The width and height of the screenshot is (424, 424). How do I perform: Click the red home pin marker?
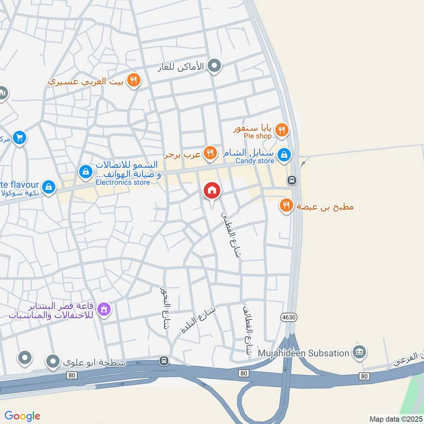212,191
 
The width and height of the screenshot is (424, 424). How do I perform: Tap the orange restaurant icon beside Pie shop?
282,129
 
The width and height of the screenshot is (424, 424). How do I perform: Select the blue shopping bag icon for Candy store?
285,154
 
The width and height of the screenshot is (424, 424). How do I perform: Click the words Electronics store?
123,182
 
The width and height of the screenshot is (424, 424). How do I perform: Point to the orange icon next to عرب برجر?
210,154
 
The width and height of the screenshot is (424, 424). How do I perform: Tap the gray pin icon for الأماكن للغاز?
214,66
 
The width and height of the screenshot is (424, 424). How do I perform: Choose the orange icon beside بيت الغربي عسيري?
134,81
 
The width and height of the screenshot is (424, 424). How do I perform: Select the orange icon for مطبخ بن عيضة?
286,206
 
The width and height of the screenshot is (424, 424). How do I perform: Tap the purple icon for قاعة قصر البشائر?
104,308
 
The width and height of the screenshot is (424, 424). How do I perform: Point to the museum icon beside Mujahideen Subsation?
359,352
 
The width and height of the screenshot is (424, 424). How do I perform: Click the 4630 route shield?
287,316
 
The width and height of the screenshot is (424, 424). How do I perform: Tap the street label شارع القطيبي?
230,233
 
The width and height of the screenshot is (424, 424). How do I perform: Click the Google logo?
22,416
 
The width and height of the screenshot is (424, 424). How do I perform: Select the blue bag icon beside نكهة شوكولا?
49,187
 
